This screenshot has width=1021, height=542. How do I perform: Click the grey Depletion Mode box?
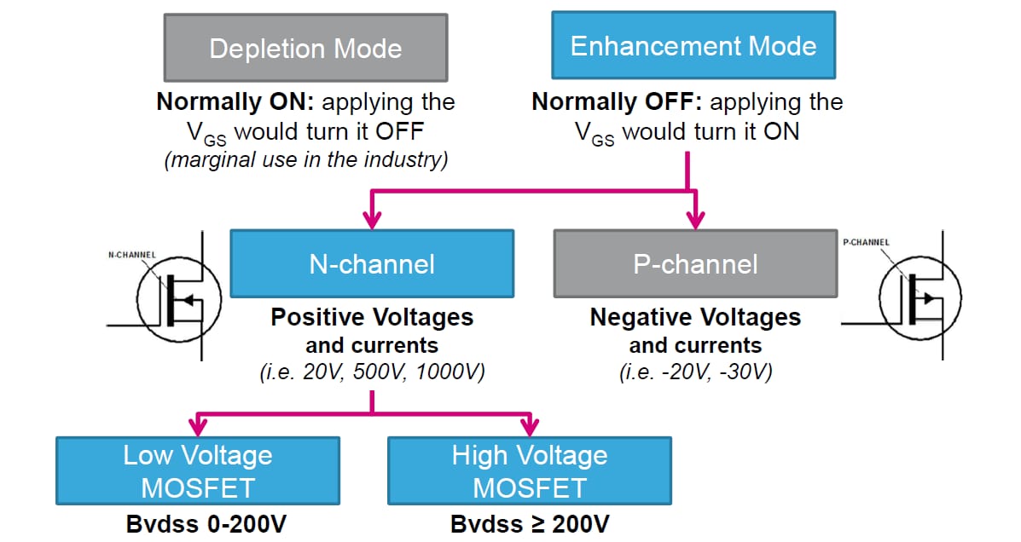click(305, 48)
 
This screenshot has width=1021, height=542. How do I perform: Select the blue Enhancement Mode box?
click(693, 46)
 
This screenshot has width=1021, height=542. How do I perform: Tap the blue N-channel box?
click(372, 264)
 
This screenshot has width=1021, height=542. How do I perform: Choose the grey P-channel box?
click(695, 264)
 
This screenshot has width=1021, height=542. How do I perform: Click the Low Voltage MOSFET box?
click(198, 471)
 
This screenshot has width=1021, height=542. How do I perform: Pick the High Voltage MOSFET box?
click(529, 471)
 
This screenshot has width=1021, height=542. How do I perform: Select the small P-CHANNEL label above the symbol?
click(866, 242)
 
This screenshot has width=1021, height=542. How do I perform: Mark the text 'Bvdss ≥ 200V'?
click(529, 523)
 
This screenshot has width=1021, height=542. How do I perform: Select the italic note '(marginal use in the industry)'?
click(306, 160)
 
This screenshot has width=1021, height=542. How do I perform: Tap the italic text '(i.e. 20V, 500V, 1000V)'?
click(372, 372)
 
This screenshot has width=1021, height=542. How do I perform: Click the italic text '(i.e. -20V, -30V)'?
click(695, 372)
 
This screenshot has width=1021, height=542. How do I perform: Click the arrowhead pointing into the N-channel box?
click(372, 221)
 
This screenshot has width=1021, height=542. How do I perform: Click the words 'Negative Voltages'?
click(695, 318)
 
